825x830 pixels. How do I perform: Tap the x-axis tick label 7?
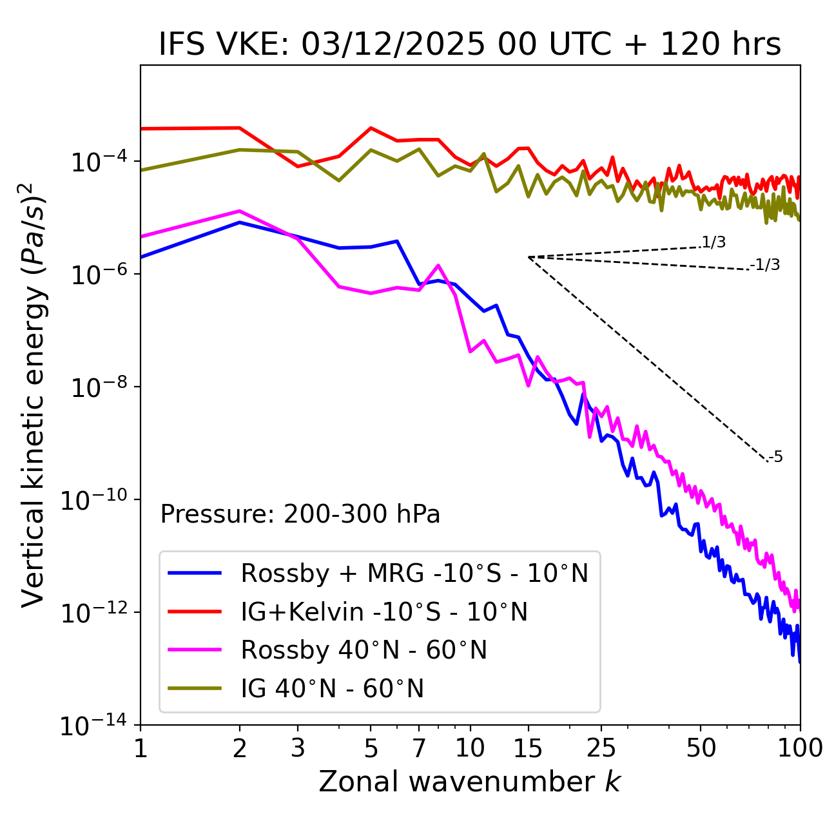[x=419, y=748]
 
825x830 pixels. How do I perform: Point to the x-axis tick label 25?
[x=601, y=748]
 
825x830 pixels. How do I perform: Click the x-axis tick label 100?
[x=800, y=748]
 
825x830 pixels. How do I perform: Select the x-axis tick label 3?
[x=298, y=748]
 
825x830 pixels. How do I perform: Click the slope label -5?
[x=776, y=458]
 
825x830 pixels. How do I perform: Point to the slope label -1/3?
[x=766, y=265]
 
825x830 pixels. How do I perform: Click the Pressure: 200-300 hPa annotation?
[x=300, y=514]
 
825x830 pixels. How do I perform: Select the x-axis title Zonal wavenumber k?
[x=469, y=782]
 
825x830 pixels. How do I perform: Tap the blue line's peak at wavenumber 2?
[x=240, y=222]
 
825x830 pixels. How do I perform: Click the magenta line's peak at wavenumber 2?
[x=240, y=211]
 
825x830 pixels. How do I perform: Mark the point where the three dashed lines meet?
[x=529, y=257]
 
